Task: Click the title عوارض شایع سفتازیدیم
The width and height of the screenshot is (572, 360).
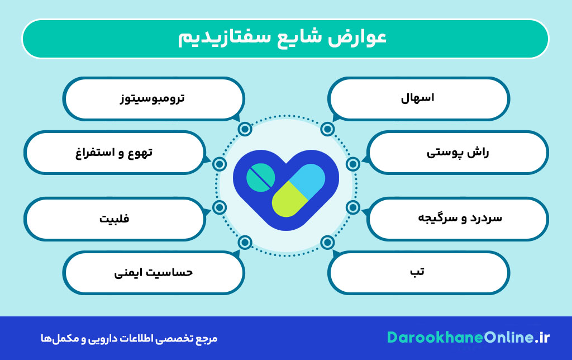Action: pyautogui.click(x=285, y=38)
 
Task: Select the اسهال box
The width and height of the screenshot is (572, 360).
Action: pyautogui.click(x=418, y=98)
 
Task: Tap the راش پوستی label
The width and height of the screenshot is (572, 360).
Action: pyautogui.click(x=458, y=153)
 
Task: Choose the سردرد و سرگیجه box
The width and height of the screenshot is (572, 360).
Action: pyautogui.click(x=458, y=218)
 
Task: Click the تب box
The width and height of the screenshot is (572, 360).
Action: pyautogui.click(x=418, y=272)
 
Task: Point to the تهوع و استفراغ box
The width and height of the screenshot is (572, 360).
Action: pyautogui.click(x=114, y=153)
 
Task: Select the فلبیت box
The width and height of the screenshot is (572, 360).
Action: pyautogui.click(x=114, y=218)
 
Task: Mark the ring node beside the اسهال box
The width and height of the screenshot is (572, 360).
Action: pyautogui.click(x=328, y=129)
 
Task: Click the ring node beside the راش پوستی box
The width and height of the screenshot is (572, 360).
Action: pyautogui.click(x=352, y=164)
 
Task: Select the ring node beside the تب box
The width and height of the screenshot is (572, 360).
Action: pyautogui.click(x=328, y=243)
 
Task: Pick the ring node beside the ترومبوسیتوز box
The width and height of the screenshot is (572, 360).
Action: pyautogui.click(x=244, y=129)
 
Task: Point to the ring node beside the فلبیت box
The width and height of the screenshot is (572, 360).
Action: pyautogui.click(x=220, y=207)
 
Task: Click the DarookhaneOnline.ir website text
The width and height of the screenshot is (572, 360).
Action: pyautogui.click(x=468, y=337)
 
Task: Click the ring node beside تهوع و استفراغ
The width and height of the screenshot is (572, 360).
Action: pyautogui.click(x=220, y=164)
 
